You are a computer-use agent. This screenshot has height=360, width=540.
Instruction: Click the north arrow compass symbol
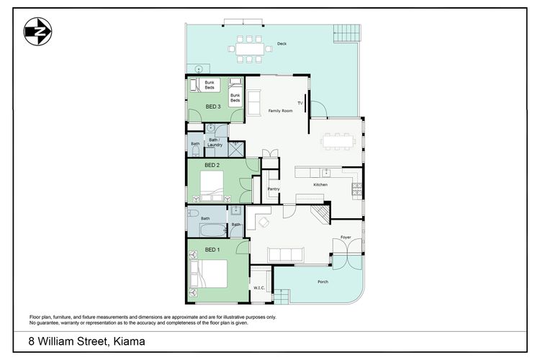tap(38, 32)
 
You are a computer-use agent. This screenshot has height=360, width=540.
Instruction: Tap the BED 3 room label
tap(213, 107)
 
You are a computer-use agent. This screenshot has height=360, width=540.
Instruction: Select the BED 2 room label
tap(212, 165)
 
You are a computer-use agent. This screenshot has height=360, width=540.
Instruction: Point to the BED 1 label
tap(212, 250)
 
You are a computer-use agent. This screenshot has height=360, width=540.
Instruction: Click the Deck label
tap(282, 44)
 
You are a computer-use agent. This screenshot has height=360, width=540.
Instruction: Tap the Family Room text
tap(280, 111)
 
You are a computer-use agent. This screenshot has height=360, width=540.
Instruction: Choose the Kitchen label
tap(320, 184)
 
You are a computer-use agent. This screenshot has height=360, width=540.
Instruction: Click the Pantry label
tap(274, 189)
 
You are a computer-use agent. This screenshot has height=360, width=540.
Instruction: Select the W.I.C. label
tap(259, 288)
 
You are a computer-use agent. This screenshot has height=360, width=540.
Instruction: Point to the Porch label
tap(323, 282)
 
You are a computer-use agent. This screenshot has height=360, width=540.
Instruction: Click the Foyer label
tap(346, 238)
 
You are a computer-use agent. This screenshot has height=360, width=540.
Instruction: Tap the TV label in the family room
tap(300, 103)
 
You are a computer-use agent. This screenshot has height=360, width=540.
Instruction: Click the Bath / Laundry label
tap(215, 143)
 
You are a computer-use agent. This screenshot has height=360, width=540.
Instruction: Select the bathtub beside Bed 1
tap(212, 230)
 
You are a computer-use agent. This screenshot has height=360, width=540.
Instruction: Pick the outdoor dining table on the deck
tap(250, 48)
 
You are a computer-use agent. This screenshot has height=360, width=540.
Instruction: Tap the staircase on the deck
tap(347, 33)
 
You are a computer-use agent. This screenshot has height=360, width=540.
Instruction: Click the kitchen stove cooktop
tap(357, 189)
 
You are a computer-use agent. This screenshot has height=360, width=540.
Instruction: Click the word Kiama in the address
tap(129, 341)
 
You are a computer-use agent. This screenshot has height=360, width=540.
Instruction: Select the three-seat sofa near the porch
tap(286, 255)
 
